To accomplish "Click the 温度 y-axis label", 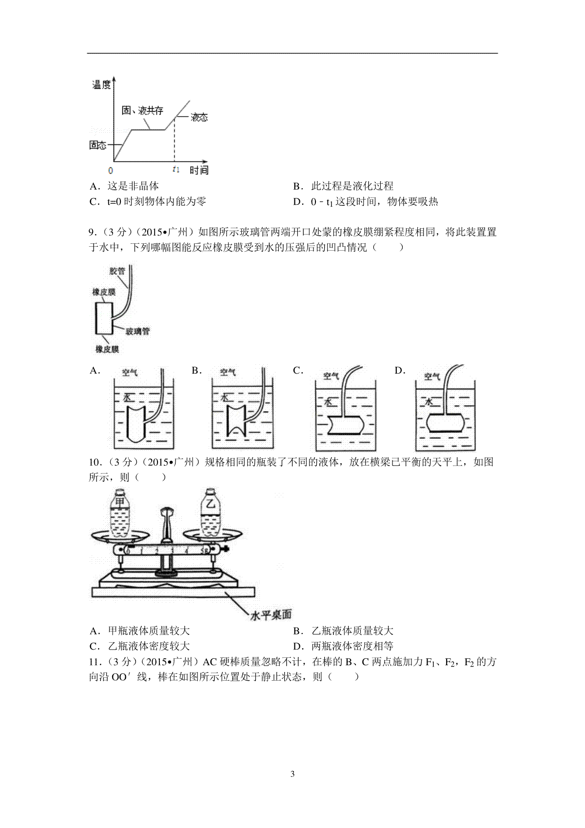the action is pos(101,85).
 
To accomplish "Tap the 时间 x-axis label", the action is pos(199,170).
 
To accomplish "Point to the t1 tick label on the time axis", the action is pos(176,169).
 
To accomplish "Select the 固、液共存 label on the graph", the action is pos(142,111).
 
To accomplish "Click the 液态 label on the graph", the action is pos(199,118).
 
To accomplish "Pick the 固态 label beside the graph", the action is pos(97,145).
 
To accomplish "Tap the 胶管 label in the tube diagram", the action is pos(117,271).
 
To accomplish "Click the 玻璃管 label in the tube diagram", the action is pos(137,331).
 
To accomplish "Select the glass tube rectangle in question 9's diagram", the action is pos(104,318).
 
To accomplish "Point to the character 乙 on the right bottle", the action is pos(210,503).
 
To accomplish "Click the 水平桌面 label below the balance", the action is pos(271,615).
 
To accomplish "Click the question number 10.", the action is pos(95,462).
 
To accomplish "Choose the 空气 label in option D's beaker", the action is pos(432,376).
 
